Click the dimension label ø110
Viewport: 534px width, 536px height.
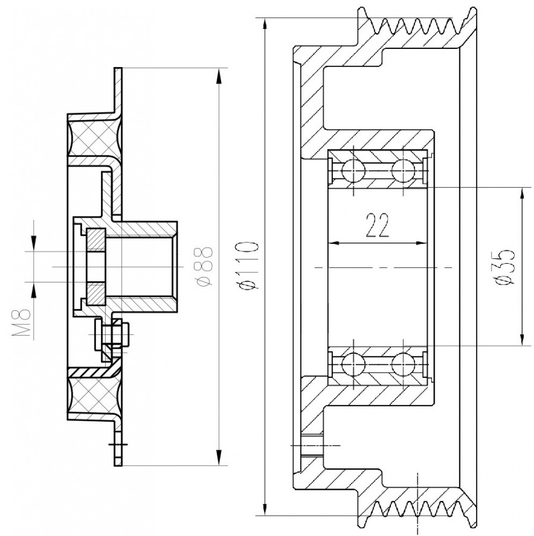pos(247,265)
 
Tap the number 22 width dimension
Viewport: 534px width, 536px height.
pos(378,225)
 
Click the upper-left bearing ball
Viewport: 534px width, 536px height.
pos(354,170)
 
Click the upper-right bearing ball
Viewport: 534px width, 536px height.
pos(404,170)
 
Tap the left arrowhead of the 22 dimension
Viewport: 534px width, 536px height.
pos(334,243)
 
